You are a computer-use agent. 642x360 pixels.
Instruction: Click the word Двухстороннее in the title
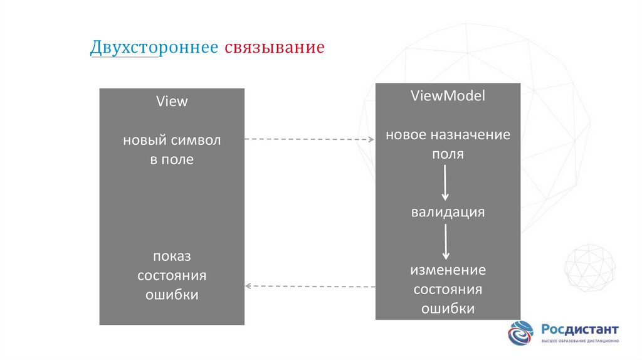154,48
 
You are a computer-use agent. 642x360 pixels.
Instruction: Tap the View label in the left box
172,102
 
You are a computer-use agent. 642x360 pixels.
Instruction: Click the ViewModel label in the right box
448,96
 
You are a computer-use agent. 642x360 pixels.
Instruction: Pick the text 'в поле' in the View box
172,159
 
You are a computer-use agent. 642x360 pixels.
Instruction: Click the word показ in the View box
172,256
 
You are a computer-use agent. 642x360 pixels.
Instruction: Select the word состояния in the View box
172,275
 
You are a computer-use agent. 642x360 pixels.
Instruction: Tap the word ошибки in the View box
172,295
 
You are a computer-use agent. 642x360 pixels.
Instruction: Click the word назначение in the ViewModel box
470,135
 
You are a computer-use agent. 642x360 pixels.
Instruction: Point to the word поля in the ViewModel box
448,154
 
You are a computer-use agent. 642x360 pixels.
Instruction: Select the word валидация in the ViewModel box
448,212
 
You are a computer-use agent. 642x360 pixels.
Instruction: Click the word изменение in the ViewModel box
448,270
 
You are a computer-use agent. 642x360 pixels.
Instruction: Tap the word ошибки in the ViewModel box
448,309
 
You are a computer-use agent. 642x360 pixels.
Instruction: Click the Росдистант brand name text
580,329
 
